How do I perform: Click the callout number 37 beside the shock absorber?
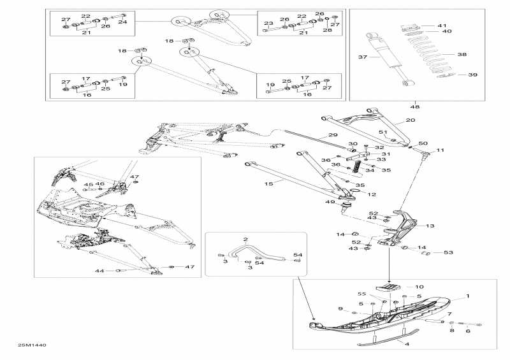(x=363, y=57)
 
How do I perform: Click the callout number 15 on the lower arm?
(x=268, y=184)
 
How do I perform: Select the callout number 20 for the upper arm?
(x=410, y=120)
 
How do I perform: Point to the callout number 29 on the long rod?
(x=332, y=135)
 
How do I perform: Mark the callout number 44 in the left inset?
(x=99, y=271)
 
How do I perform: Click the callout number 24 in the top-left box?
(x=122, y=22)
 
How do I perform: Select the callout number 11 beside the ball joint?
(x=440, y=150)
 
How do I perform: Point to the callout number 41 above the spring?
(x=442, y=25)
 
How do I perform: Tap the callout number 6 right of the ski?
(x=467, y=331)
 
